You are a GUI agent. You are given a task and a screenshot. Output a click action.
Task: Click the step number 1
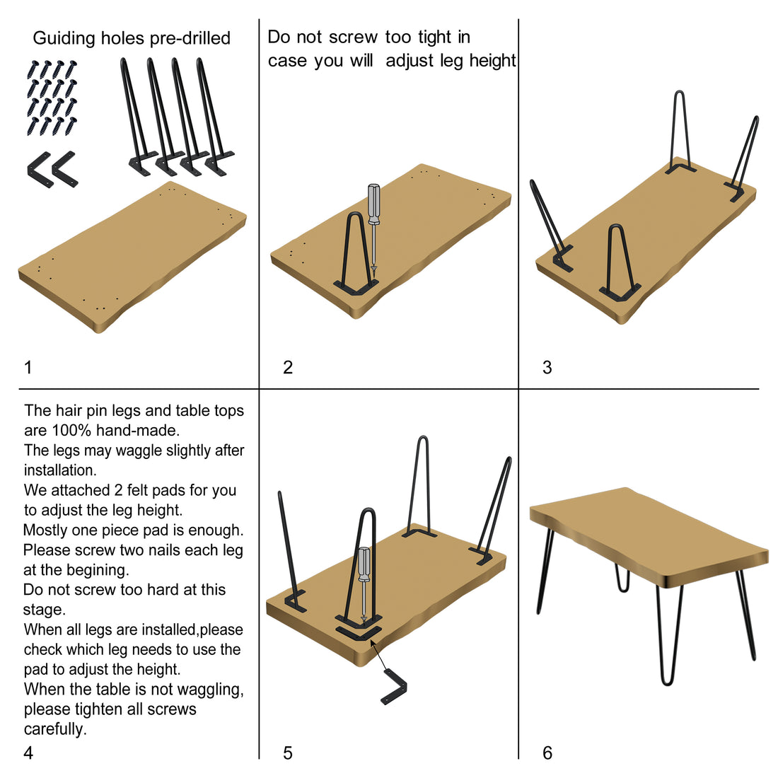tap(28, 367)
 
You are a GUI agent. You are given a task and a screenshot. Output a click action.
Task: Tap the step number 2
tap(288, 367)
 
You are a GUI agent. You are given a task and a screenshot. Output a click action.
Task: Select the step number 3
tap(547, 367)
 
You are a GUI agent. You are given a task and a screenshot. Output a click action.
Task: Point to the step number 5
tap(288, 753)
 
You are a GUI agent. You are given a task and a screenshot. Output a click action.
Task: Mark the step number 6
tap(547, 753)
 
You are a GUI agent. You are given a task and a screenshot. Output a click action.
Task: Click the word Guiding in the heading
tap(64, 38)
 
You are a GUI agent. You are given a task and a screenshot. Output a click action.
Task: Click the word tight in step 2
tap(435, 37)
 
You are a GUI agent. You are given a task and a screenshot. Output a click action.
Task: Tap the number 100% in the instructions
tap(71, 430)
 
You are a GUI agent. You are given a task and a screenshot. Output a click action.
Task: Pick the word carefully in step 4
tap(55, 729)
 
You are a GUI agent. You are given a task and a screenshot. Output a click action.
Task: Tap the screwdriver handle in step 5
tap(364, 564)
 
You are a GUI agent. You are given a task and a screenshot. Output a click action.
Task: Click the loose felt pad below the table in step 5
tap(394, 686)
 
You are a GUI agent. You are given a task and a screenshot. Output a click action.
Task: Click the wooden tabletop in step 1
tap(132, 257)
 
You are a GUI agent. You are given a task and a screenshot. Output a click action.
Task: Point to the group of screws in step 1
tap(52, 98)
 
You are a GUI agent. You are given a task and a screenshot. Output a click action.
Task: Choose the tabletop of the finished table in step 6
tap(649, 537)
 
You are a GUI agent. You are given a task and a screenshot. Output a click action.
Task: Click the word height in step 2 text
tap(493, 61)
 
